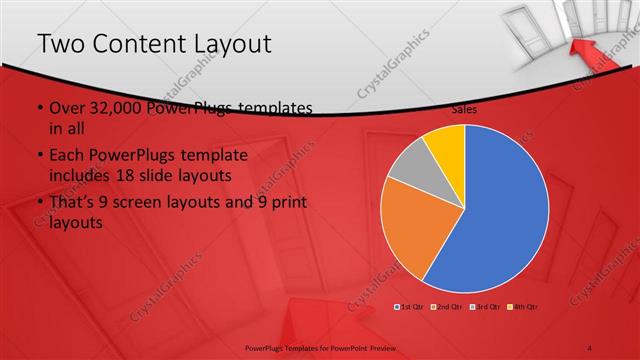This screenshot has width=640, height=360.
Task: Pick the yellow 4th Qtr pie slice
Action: pyautogui.click(x=446, y=146)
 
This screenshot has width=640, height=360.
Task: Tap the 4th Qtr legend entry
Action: pyautogui.click(x=522, y=306)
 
